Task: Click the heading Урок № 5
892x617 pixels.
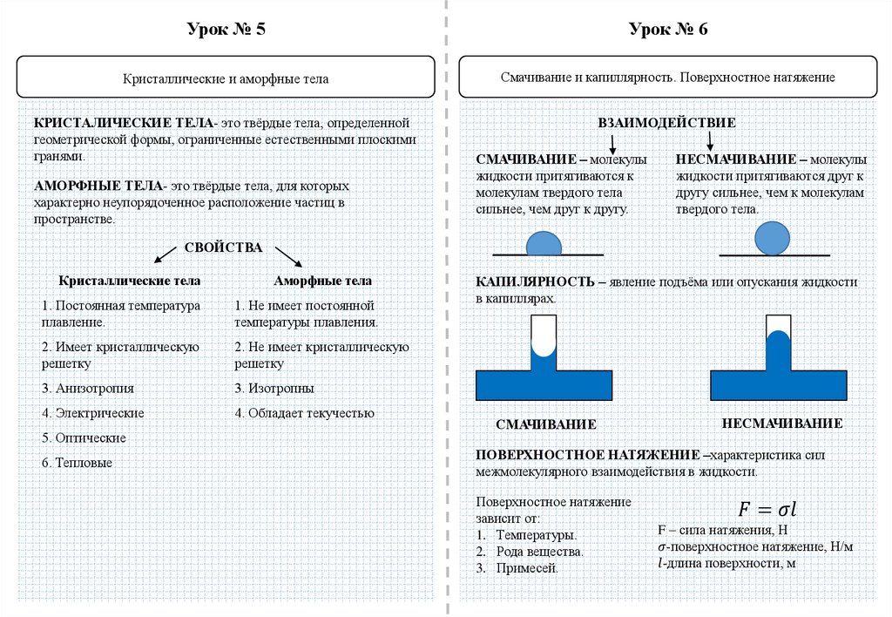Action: point(226,30)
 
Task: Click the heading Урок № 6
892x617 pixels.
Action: point(668,30)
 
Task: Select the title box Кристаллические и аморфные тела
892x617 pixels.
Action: point(226,78)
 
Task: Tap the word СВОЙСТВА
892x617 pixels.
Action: point(223,247)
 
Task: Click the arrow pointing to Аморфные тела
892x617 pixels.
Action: point(289,257)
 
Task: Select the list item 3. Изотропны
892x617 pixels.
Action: point(274,388)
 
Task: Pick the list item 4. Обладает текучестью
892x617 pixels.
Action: point(304,413)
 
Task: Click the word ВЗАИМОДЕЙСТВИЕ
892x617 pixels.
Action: point(667,123)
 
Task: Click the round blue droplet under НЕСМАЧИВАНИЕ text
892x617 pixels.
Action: point(772,237)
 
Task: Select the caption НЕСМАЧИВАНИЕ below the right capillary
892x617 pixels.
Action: point(781,424)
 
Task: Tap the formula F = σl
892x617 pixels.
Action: point(767,507)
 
